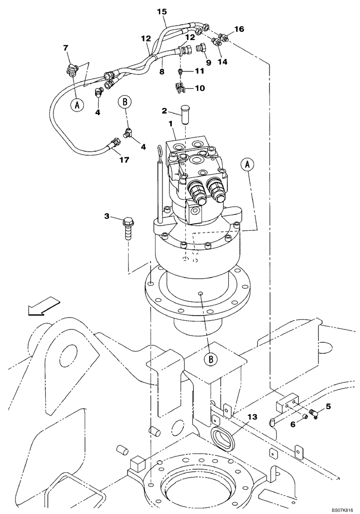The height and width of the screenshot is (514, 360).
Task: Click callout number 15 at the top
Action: click(x=162, y=11)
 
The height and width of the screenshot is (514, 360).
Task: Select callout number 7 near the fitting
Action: click(x=65, y=48)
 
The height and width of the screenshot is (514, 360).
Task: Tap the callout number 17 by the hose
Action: click(x=123, y=160)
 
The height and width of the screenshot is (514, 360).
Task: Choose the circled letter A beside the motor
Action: click(x=248, y=164)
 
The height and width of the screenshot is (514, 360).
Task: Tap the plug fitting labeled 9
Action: click(x=201, y=50)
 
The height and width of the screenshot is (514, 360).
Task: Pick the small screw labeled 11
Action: click(x=180, y=71)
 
